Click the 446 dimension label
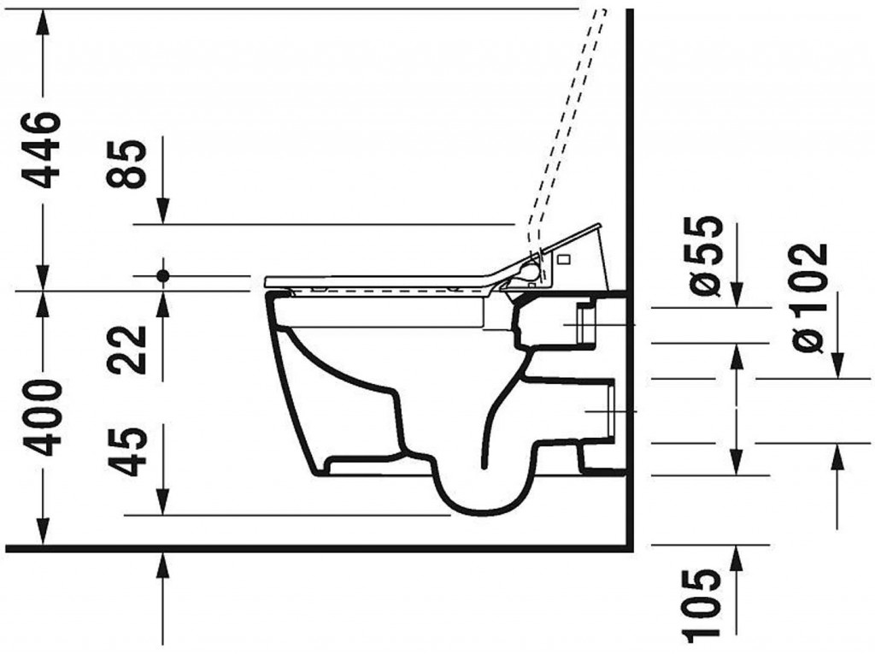pyautogui.click(x=41, y=150)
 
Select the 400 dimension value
pyautogui.click(x=41, y=417)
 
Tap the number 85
pyautogui.click(x=126, y=163)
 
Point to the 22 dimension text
pyautogui.click(x=126, y=350)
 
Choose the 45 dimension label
pyautogui.click(x=126, y=451)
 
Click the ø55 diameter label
pyautogui.click(x=705, y=255)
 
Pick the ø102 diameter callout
pyautogui.click(x=809, y=298)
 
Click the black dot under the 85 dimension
pyautogui.click(x=163, y=275)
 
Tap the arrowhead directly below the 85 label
pyautogui.click(x=163, y=210)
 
